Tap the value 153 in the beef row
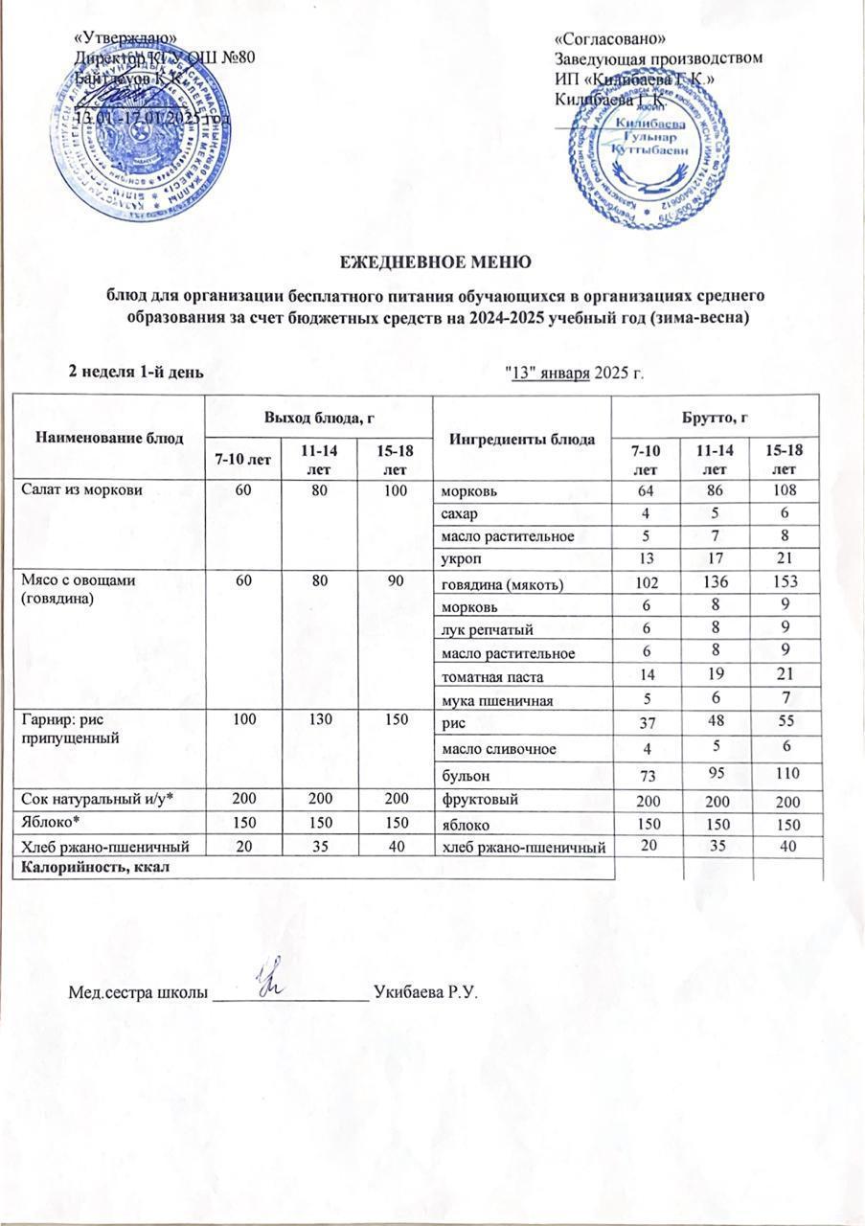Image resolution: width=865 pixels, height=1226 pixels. point(784,584)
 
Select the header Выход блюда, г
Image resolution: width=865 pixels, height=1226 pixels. point(318,414)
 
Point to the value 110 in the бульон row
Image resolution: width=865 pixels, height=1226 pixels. point(784,772)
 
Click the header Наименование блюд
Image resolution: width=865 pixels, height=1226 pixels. point(110,437)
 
